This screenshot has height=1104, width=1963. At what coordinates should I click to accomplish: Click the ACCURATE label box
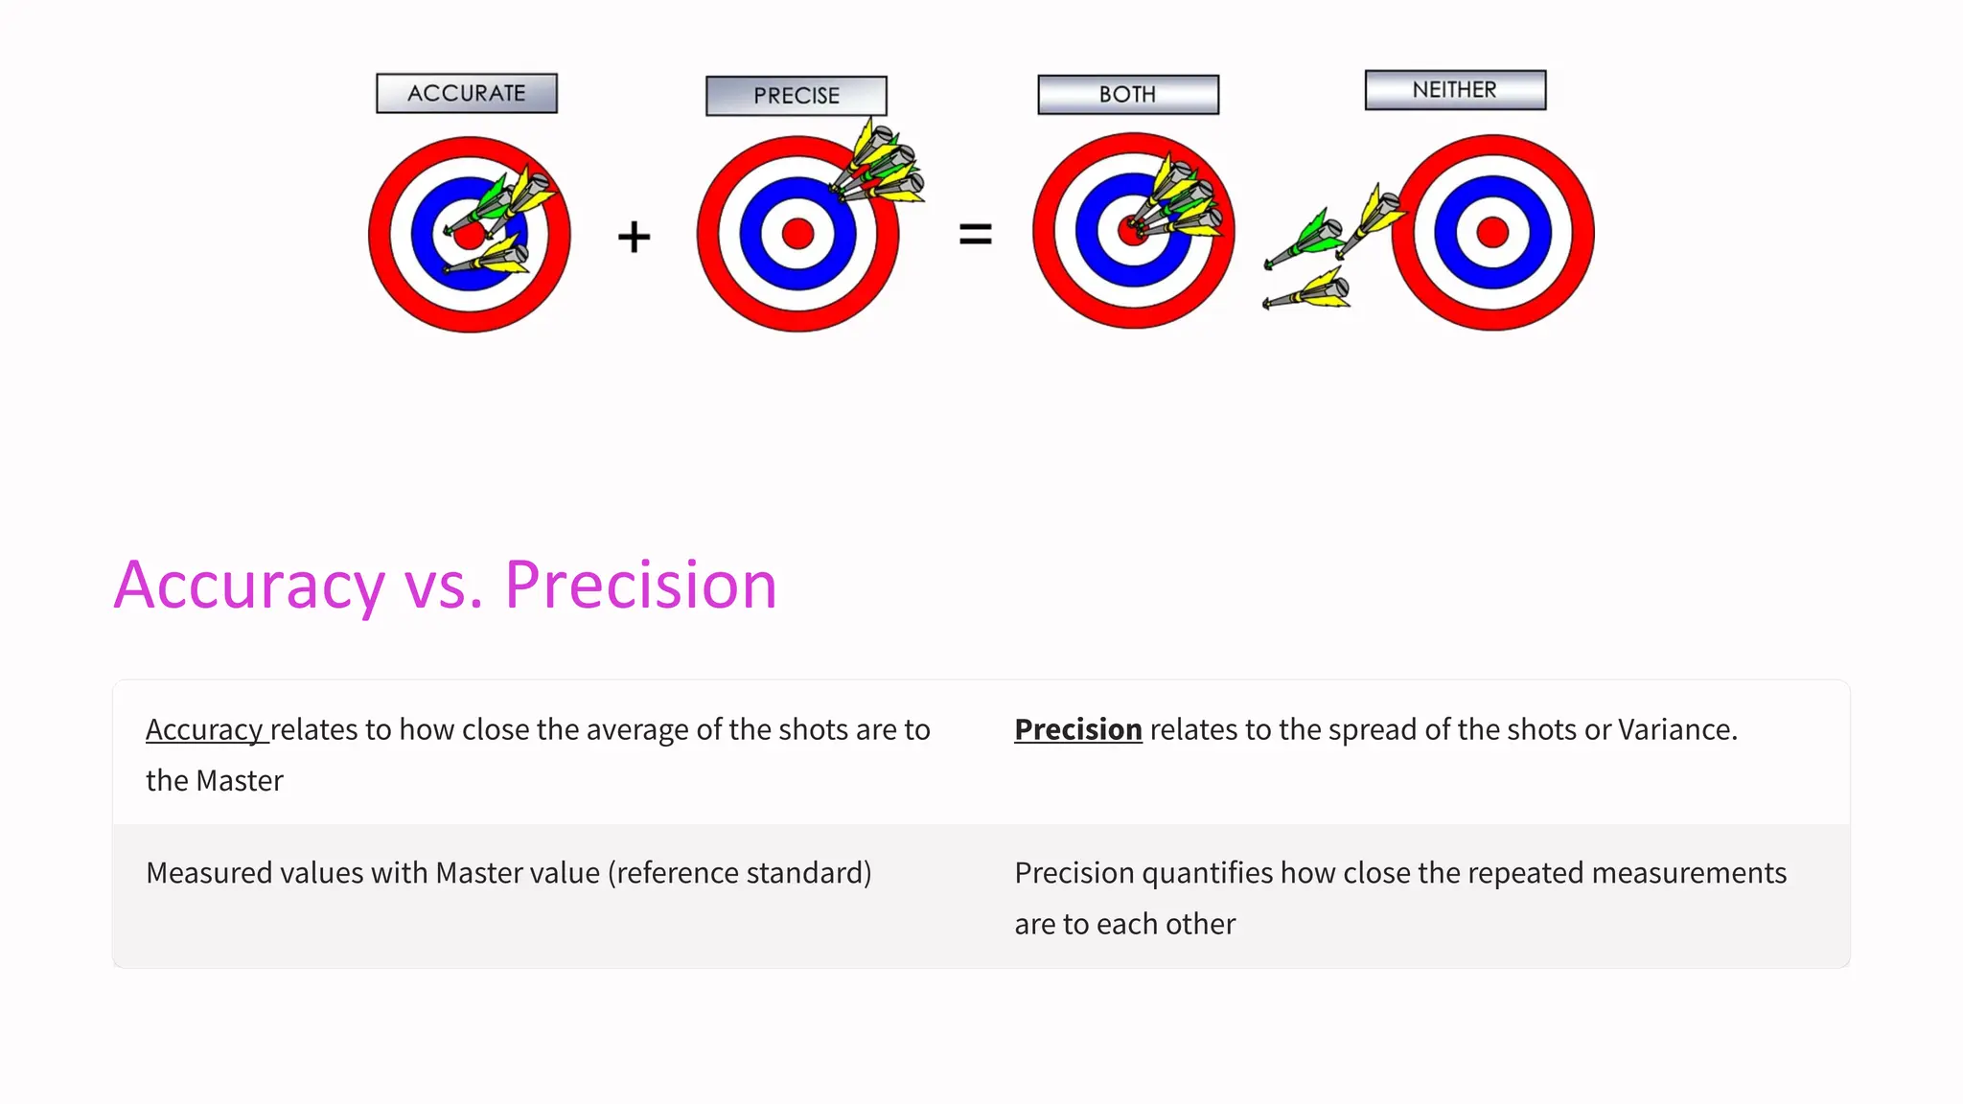467,94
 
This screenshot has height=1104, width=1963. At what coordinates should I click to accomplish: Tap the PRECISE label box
797,96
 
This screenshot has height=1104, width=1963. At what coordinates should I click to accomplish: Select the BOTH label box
1128,95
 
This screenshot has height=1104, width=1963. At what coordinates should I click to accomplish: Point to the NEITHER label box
1455,90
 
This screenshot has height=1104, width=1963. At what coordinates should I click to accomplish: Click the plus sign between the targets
634,236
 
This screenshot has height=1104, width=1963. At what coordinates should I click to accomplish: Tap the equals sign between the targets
976,234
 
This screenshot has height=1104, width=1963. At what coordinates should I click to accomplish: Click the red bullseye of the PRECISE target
797,233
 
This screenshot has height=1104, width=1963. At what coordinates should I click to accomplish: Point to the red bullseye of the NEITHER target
1492,232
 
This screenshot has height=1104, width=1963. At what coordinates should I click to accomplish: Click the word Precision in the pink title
640,585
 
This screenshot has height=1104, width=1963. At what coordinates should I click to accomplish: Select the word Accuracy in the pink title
249,585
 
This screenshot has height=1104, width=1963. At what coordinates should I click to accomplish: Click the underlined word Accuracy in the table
204,729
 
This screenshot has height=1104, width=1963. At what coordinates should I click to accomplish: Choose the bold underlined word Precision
1077,729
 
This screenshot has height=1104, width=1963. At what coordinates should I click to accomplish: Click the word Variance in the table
1677,729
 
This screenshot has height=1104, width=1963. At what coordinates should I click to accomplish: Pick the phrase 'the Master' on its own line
215,781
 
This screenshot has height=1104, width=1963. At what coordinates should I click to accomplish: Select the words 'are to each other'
1125,924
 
